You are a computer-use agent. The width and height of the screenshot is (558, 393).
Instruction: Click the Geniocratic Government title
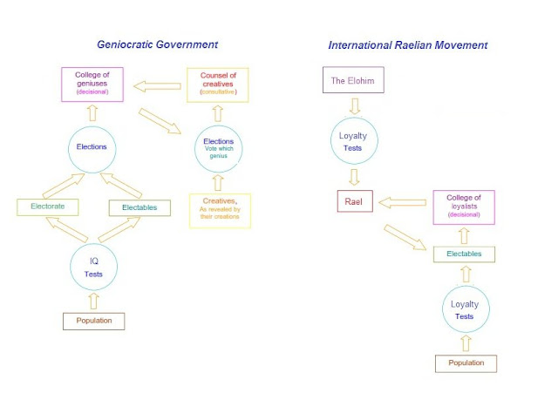pos(156,44)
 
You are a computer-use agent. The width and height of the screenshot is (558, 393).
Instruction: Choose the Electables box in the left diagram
pos(139,207)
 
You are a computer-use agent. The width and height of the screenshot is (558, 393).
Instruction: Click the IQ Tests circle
pos(93,267)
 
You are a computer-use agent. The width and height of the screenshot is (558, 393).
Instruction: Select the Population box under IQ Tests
pos(93,322)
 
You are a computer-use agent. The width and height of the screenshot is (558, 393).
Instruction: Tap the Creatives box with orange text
pos(219,211)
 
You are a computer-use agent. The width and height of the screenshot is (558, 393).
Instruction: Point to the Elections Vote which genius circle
pos(219,148)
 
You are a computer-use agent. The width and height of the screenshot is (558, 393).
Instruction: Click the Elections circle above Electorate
pos(92,146)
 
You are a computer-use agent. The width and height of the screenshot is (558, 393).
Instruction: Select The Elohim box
pos(354,81)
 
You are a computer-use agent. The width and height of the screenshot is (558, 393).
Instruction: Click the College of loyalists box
pos(464,206)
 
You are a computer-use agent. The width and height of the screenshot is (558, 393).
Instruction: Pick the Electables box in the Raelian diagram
pos(464,254)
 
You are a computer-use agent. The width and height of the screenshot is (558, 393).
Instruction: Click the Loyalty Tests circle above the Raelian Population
pos(465,309)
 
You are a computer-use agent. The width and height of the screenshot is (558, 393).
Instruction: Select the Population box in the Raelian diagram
pos(466,363)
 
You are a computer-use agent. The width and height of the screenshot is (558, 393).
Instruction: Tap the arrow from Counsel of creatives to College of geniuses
pos(158,85)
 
